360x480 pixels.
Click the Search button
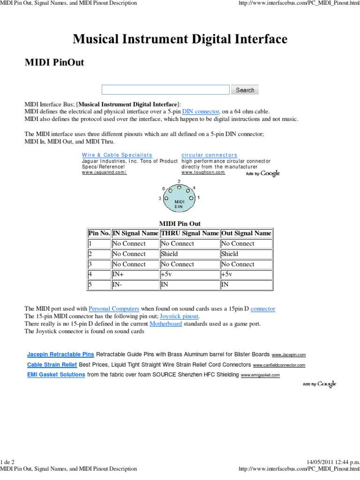point(245,90)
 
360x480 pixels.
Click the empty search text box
point(165,90)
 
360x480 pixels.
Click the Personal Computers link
point(114,309)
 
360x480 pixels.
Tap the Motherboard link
point(165,324)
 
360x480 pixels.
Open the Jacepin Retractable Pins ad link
point(60,354)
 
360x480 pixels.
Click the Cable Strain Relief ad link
point(52,364)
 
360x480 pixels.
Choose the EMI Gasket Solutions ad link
point(56,375)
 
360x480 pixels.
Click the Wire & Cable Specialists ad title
point(117,155)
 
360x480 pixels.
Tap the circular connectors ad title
point(209,155)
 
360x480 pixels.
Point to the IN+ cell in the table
point(135,274)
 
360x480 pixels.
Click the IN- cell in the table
point(135,285)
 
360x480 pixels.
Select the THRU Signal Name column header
point(190,233)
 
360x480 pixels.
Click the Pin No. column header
point(99,233)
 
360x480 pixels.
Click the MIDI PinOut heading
point(54,62)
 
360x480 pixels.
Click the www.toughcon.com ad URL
point(203,172)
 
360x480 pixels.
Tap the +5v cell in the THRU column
point(190,274)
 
